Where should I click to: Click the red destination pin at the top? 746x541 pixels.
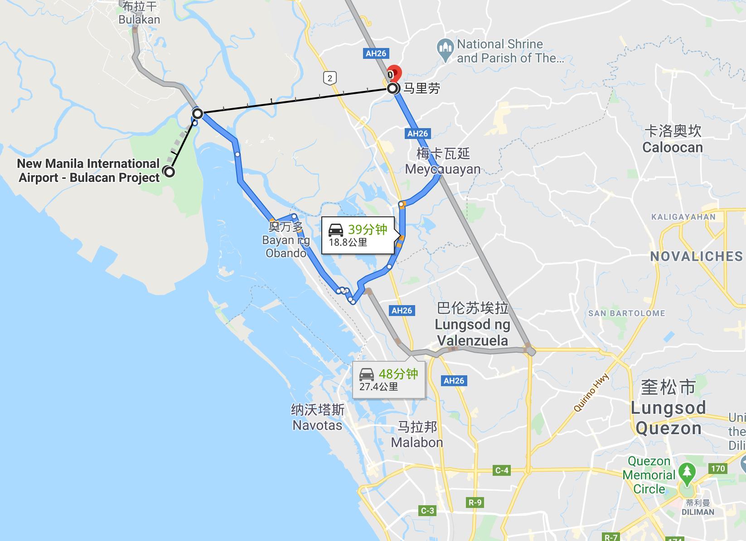tap(395, 73)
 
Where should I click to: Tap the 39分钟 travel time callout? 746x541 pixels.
tap(358, 235)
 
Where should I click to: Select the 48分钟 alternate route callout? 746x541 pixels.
tap(388, 379)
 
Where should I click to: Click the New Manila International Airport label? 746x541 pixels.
tap(89, 171)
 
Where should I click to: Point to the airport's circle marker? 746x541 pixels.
tap(170, 172)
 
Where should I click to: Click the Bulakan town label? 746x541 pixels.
tap(139, 19)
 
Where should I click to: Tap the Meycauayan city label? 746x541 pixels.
tap(443, 169)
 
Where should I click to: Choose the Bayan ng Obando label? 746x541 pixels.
tap(286, 246)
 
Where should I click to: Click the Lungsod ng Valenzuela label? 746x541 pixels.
tap(472, 332)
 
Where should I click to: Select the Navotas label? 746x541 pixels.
tap(317, 425)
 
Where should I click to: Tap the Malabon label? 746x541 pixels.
tap(417, 442)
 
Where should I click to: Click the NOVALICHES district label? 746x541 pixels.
tap(696, 257)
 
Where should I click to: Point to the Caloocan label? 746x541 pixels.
tap(673, 147)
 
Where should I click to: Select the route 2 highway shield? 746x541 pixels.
tap(329, 78)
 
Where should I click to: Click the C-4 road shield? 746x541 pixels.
tap(502, 470)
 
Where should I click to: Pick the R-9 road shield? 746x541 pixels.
tap(475, 502)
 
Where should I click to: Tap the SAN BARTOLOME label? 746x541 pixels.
tap(626, 313)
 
